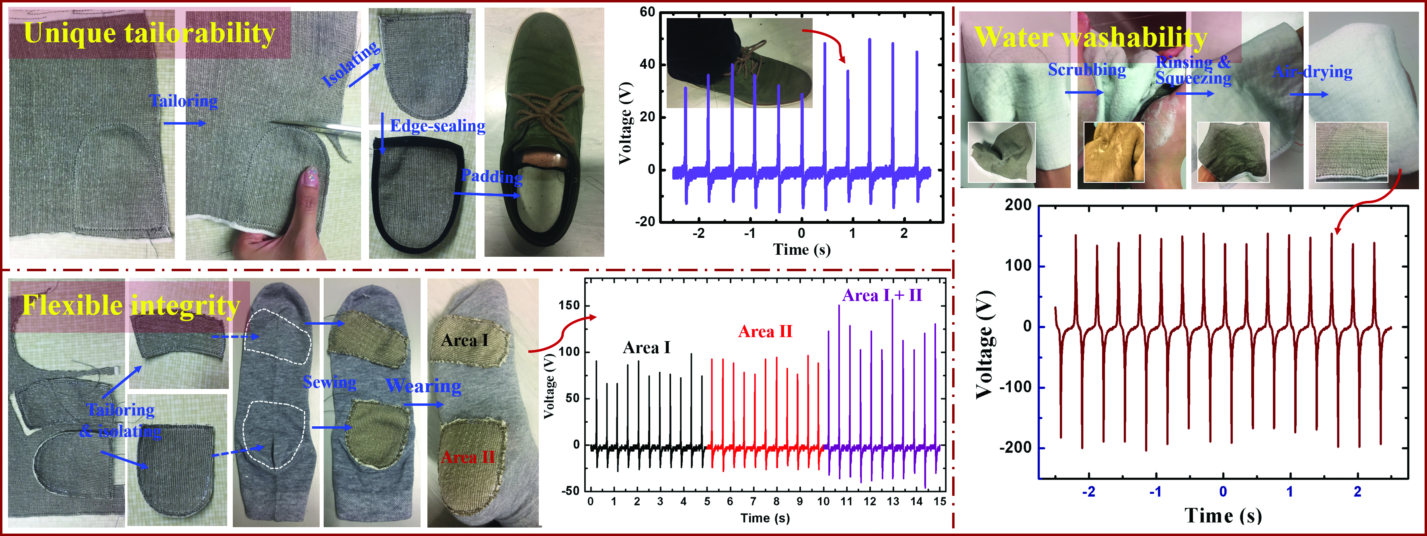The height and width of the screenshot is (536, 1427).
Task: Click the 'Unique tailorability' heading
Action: pyautogui.click(x=150, y=33)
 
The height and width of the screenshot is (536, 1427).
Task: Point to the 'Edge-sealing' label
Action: pyautogui.click(x=437, y=126)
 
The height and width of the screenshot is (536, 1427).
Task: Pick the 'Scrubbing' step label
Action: pyautogui.click(x=1087, y=70)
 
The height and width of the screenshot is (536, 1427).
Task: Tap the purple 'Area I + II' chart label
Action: pyautogui.click(x=882, y=296)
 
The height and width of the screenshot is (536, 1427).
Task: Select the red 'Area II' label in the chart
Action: pyautogui.click(x=765, y=331)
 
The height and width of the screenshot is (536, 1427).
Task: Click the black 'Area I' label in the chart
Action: pyautogui.click(x=647, y=348)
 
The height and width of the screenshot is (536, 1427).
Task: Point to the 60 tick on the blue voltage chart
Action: pyautogui.click(x=647, y=12)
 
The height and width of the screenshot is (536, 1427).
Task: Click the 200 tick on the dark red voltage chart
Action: pyautogui.click(x=1018, y=205)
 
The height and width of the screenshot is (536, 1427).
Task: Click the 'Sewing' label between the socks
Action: pyautogui.click(x=330, y=382)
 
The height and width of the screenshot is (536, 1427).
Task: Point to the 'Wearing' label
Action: pyautogui.click(x=423, y=386)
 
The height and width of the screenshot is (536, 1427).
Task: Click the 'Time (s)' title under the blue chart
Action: pyautogui.click(x=802, y=250)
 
